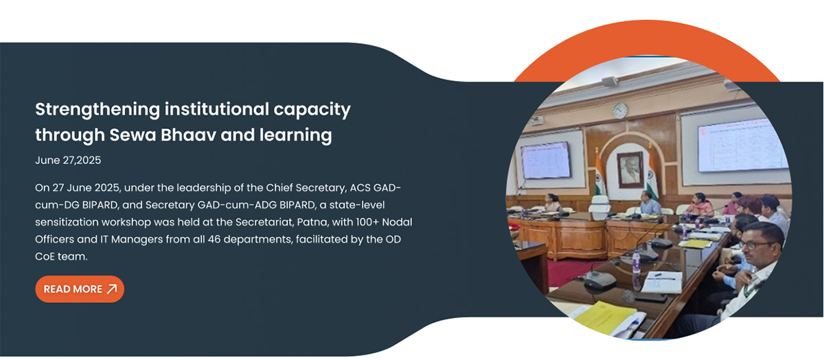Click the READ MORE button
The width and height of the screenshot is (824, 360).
pyautogui.click(x=80, y=289)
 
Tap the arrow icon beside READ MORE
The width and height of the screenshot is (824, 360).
pyautogui.click(x=112, y=289)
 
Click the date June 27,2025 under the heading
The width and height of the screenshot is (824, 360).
pyautogui.click(x=68, y=160)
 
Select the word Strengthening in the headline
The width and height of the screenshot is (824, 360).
pyautogui.click(x=98, y=110)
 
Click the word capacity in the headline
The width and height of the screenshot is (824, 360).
pyautogui.click(x=312, y=110)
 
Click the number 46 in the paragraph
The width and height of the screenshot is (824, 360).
pyautogui.click(x=214, y=239)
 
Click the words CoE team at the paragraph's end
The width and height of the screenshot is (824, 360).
pyautogui.click(x=61, y=256)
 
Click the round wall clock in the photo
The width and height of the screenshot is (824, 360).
pyautogui.click(x=620, y=111)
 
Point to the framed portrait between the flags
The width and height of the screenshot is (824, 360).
pyautogui.click(x=630, y=169)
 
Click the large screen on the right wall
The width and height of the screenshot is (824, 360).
pyautogui.click(x=741, y=146)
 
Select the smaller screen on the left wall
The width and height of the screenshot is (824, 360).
pyautogui.click(x=545, y=160)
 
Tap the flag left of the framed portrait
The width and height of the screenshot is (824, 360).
pyautogui.click(x=600, y=173)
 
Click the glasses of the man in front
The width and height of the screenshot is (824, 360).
pyautogui.click(x=756, y=245)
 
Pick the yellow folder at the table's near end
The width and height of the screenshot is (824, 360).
pyautogui.click(x=604, y=317)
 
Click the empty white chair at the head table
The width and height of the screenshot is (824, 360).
pyautogui.click(x=599, y=204)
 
